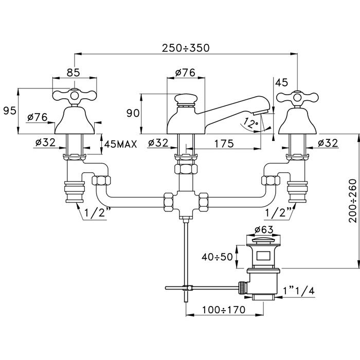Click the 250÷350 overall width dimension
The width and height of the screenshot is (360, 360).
point(186,48)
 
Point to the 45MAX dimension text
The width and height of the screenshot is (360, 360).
point(120,144)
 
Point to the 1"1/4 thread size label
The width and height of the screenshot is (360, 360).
point(297,292)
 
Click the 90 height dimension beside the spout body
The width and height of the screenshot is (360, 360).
point(133,113)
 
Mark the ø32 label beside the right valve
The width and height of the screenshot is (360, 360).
point(328,143)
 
